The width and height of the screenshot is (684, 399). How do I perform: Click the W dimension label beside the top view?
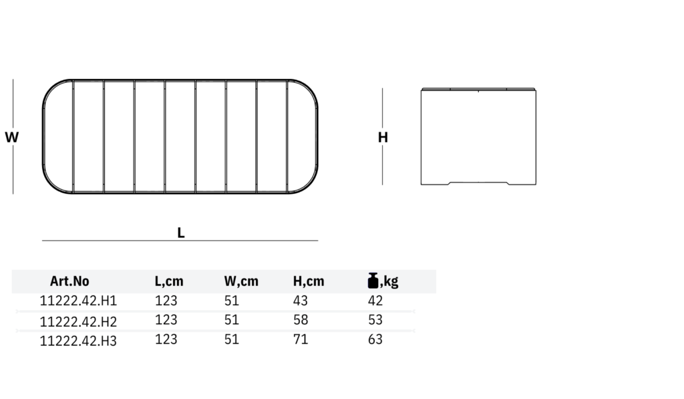[12, 137]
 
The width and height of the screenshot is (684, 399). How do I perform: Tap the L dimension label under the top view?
[181, 233]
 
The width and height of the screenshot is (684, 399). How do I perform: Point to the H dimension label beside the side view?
[383, 138]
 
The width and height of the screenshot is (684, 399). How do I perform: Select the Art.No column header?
[69, 281]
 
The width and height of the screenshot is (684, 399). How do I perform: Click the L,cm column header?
[169, 281]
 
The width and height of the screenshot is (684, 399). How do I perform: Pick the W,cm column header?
[241, 281]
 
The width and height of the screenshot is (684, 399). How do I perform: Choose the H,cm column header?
[309, 281]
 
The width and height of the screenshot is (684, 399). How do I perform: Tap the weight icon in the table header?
[373, 281]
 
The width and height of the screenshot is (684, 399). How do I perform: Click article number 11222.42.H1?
[78, 301]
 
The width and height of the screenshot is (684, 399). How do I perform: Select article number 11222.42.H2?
[78, 321]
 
